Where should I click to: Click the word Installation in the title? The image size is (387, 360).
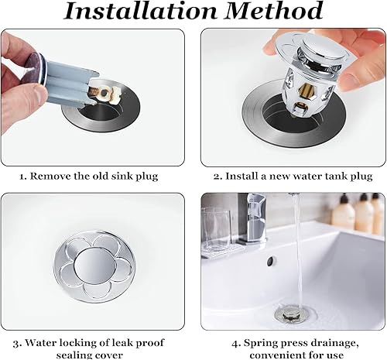coord(140,11)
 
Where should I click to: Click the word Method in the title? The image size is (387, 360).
coord(274,10)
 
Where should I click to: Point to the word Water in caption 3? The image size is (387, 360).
coord(39,343)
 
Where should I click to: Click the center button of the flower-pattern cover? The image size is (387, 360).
coord(93,266)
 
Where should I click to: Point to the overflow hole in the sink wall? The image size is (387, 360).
coord(270,261)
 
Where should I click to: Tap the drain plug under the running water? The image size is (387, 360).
coord(292,313)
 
